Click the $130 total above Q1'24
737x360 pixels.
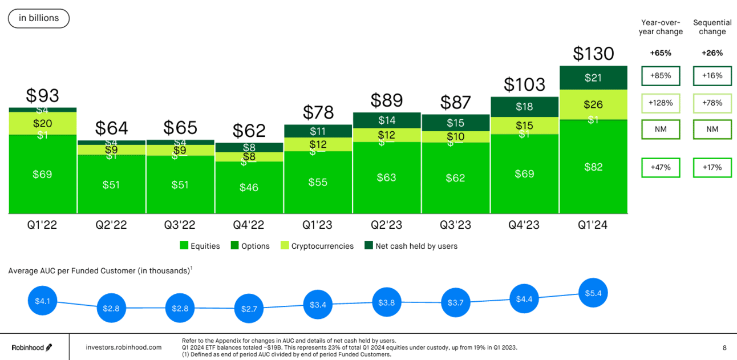click(593, 54)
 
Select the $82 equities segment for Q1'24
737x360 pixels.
click(593, 167)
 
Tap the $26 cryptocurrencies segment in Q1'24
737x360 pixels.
click(593, 104)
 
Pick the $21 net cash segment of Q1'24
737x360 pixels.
click(593, 78)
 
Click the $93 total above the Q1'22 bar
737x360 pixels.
click(42, 95)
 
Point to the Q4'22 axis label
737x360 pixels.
click(249, 225)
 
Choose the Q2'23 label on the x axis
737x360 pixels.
click(387, 225)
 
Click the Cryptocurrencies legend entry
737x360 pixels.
click(317, 246)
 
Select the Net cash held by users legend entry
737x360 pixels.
click(411, 246)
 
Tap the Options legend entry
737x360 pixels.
click(250, 246)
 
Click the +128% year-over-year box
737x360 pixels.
click(661, 103)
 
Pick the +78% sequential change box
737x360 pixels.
click(712, 103)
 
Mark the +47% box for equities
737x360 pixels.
click(661, 168)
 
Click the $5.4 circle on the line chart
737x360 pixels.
click(593, 293)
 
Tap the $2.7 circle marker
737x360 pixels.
click(249, 309)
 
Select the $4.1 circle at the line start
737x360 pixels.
click(43, 301)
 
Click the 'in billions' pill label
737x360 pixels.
click(39, 18)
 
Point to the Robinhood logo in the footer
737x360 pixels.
click(33, 347)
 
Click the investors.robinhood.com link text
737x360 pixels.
click(123, 347)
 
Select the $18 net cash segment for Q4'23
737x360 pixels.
click(524, 107)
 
